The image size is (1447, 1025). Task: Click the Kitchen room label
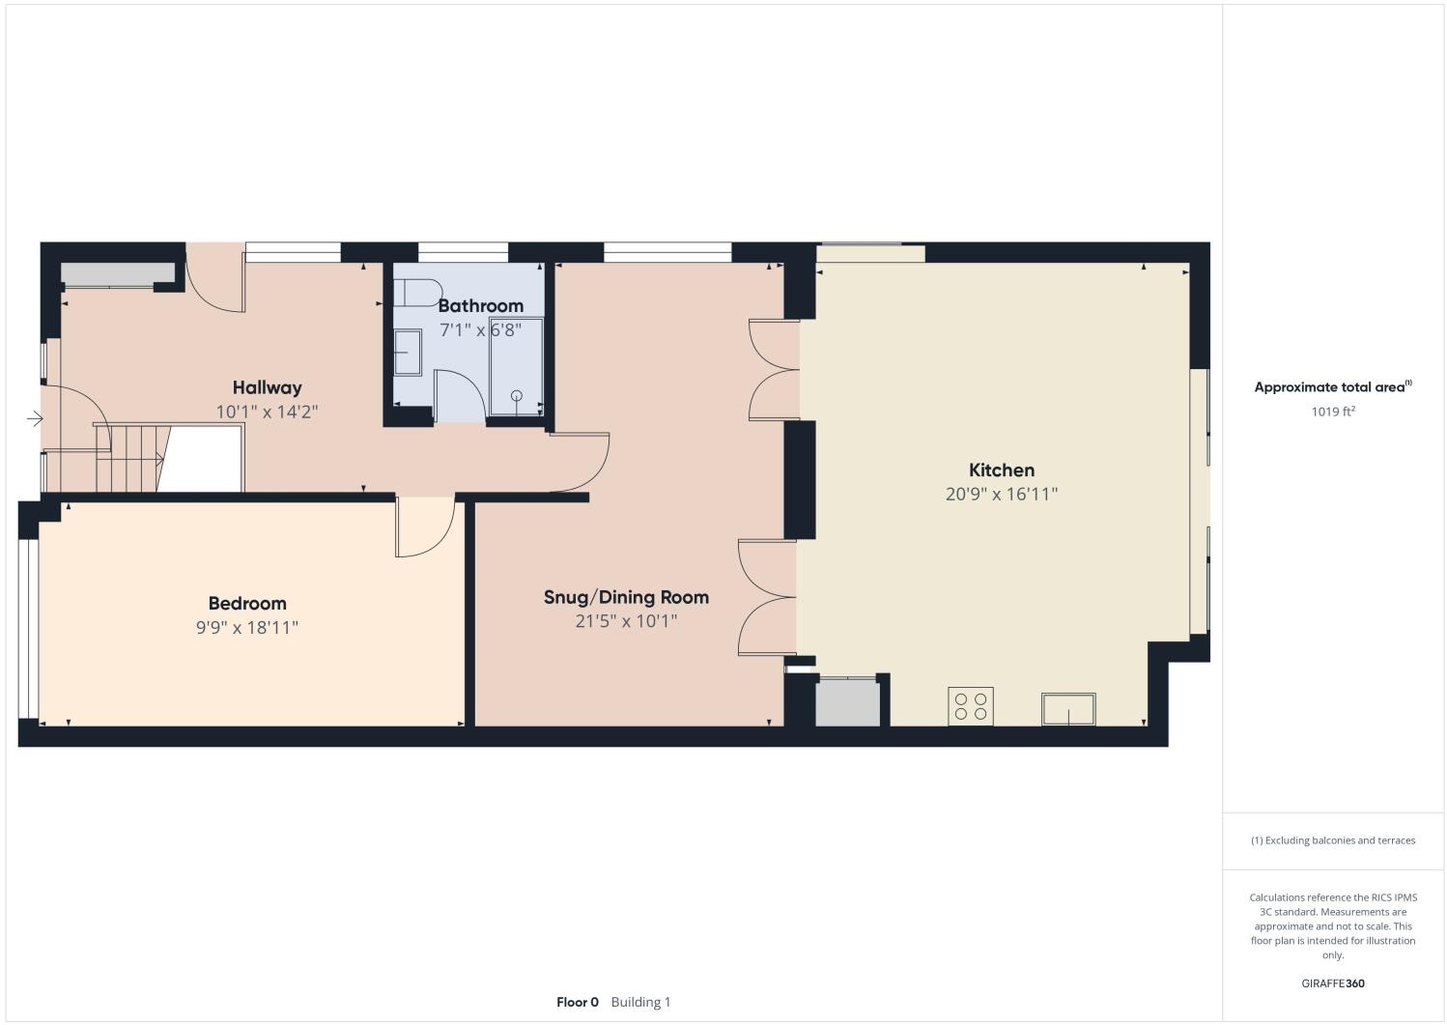click(x=1002, y=470)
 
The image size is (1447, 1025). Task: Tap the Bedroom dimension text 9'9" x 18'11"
click(x=247, y=628)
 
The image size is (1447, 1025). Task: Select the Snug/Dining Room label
click(x=626, y=597)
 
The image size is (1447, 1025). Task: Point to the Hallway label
click(x=267, y=387)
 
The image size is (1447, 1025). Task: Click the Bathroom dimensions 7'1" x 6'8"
click(x=480, y=329)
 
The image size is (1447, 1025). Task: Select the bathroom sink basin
click(x=408, y=353)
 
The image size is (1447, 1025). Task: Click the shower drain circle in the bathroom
click(x=517, y=395)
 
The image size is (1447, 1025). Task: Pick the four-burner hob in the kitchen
click(x=971, y=706)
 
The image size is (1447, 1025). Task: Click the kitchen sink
click(x=1068, y=709)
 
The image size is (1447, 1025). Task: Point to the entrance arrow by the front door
click(x=35, y=418)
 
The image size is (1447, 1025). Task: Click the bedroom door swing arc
click(x=426, y=529)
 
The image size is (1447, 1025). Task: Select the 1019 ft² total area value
click(x=1332, y=412)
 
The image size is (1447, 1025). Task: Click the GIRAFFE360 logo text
click(x=1333, y=983)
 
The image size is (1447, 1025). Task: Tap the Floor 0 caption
click(x=578, y=1002)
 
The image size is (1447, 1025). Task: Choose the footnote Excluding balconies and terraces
click(x=1333, y=840)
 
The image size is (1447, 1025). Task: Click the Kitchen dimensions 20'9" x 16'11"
click(x=1002, y=495)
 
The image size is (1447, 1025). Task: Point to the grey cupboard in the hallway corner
click(x=108, y=273)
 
